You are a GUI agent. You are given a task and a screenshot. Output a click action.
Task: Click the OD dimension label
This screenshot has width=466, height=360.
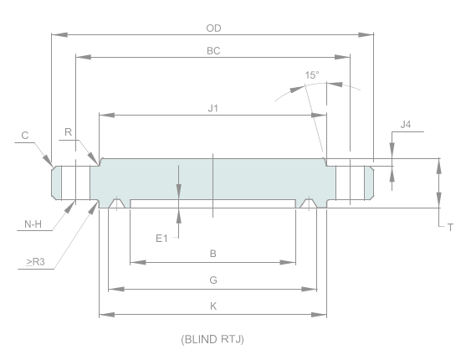pyautogui.click(x=213, y=28)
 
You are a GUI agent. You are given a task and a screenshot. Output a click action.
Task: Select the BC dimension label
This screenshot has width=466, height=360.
pyautogui.click(x=213, y=50)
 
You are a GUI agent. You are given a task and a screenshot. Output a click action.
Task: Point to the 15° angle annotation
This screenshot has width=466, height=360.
pyautogui.click(x=311, y=75)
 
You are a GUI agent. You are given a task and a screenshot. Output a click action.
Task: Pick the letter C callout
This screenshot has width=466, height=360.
pyautogui.click(x=26, y=135)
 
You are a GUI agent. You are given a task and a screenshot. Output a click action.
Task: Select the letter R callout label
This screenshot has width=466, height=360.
pyautogui.click(x=69, y=131)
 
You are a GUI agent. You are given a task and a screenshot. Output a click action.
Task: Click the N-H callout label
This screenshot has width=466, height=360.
pyautogui.click(x=33, y=224)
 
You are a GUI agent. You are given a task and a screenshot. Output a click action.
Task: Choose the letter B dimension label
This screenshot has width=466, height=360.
pyautogui.click(x=213, y=253)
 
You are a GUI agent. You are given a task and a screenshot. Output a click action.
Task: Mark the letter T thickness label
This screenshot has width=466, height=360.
pyautogui.click(x=450, y=227)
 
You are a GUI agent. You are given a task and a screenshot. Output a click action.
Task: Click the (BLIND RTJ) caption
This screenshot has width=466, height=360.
pyautogui.click(x=213, y=339)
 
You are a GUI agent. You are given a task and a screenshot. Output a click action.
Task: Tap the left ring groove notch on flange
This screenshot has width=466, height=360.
pyautogui.click(x=118, y=203)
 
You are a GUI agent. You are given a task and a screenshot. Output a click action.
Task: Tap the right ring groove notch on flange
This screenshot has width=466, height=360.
pyautogui.click(x=309, y=203)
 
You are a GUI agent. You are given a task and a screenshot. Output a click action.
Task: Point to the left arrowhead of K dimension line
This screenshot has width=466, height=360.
pyautogui.click(x=103, y=315)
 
